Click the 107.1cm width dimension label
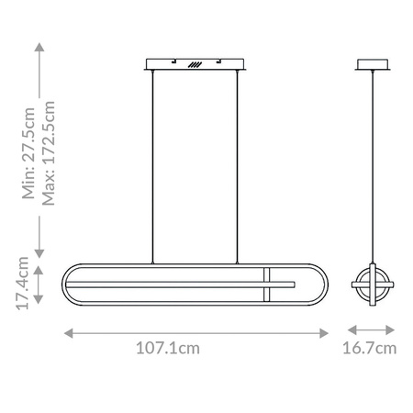click(x=168, y=348)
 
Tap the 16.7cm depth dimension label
click(x=369, y=348)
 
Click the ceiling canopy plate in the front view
click(x=195, y=66)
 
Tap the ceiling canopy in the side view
click(x=374, y=66)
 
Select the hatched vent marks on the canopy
click(x=195, y=66)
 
